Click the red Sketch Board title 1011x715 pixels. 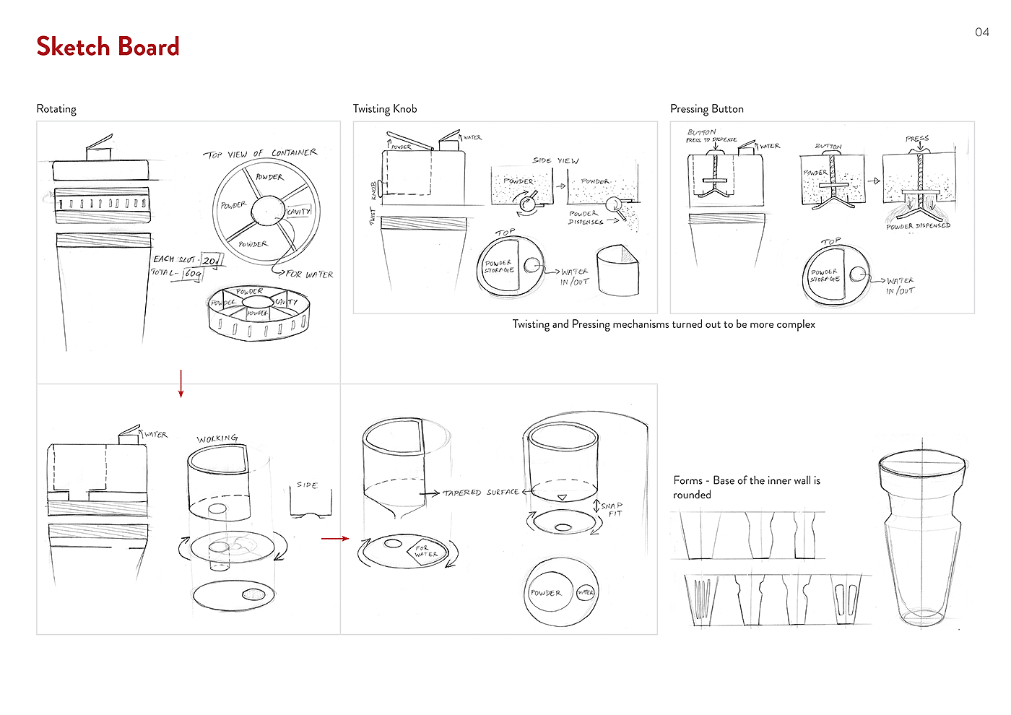pos(108,47)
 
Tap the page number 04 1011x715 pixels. pos(981,32)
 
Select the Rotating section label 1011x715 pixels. pos(56,109)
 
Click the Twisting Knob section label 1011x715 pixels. pos(385,109)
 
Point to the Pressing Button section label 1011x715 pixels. pos(706,109)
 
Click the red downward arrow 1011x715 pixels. pos(181,383)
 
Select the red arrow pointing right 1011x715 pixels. pos(335,538)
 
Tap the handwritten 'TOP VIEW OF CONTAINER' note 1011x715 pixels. pos(260,154)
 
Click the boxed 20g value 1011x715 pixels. pos(211,260)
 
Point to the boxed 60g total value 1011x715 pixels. pos(193,274)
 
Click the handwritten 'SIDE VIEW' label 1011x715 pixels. pos(555,160)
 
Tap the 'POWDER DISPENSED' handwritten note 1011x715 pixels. pos(918,226)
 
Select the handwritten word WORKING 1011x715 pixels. pos(217,438)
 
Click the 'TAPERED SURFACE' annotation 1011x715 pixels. pos(480,493)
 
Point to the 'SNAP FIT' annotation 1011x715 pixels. pos(612,509)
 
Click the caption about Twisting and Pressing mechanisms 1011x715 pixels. pos(664,324)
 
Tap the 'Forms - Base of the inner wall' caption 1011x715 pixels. pos(747,487)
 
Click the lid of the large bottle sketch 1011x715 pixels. pos(922,467)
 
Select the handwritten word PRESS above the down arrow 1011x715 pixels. pos(917,139)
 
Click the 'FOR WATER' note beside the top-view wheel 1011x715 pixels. pos(309,274)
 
